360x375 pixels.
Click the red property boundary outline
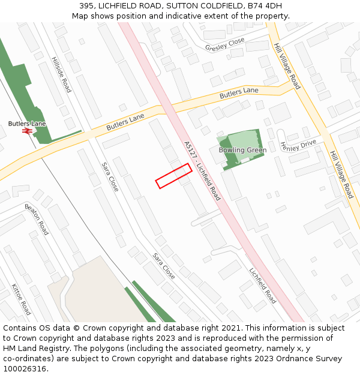(174, 176)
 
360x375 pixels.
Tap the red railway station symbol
(27, 131)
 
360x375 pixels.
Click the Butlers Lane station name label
(27, 124)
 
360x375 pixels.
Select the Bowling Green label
(242, 150)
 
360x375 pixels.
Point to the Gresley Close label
(225, 44)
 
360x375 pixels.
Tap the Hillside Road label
(61, 75)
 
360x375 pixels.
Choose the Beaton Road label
(37, 218)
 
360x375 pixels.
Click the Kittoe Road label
(21, 299)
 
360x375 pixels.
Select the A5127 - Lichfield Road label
(202, 170)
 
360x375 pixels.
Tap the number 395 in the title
(87, 6)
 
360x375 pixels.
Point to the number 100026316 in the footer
(25, 369)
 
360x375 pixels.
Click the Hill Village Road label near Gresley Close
(287, 66)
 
